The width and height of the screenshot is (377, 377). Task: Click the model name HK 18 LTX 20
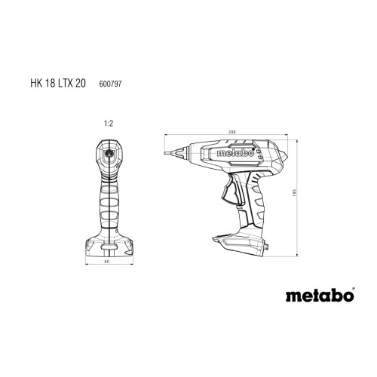58,83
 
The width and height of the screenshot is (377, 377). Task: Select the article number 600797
110,84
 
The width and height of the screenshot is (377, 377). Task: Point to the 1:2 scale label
109,124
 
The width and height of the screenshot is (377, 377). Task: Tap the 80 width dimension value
107,262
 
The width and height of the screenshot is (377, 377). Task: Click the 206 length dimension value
232,132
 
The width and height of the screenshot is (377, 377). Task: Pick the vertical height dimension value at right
296,193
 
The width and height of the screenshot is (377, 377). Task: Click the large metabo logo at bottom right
320,296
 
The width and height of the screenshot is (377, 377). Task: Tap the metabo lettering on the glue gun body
235,153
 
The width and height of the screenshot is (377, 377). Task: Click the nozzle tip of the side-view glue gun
166,153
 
